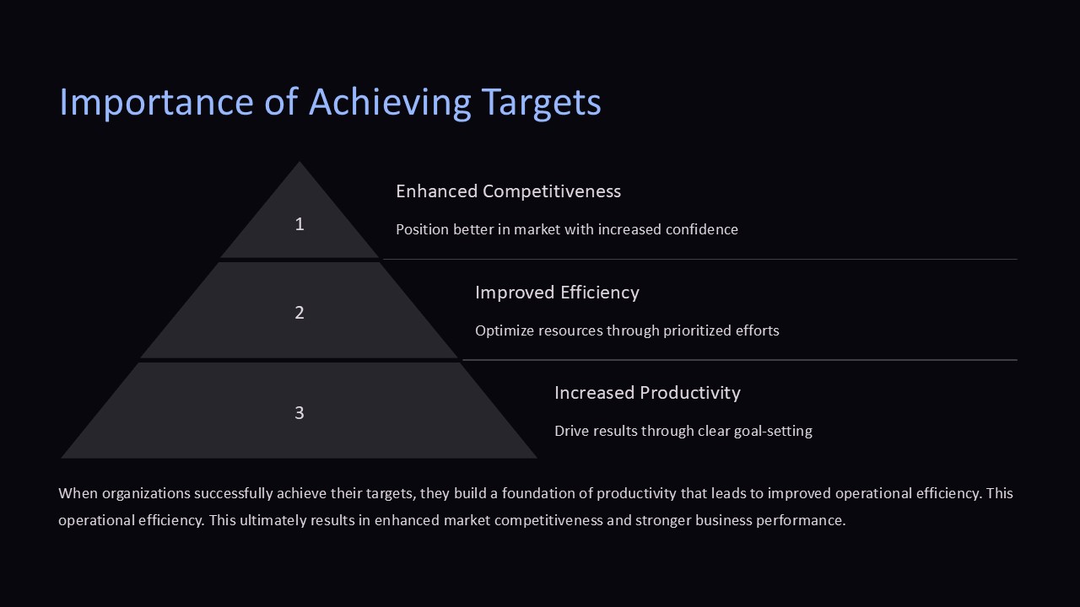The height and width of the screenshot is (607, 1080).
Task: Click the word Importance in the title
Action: (156, 102)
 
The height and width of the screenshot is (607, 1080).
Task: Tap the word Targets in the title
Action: (541, 102)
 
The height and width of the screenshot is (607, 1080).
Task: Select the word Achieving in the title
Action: (390, 102)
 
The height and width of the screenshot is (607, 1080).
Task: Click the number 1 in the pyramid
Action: (300, 224)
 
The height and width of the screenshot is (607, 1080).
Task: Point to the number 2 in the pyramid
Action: (300, 313)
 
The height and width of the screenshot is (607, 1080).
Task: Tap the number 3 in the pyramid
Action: (300, 413)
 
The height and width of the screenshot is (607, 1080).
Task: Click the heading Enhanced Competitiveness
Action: (508, 191)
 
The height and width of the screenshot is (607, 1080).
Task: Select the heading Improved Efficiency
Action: (557, 293)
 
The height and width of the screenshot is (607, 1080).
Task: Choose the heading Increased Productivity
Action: (647, 393)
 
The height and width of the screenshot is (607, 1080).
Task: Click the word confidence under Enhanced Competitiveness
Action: (701, 229)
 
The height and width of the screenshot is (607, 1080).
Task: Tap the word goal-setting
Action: (773, 431)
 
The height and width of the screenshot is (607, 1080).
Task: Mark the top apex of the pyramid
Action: (300, 161)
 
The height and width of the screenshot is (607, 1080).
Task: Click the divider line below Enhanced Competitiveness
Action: (700, 259)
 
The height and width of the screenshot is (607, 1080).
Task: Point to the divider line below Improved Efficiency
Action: (740, 360)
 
